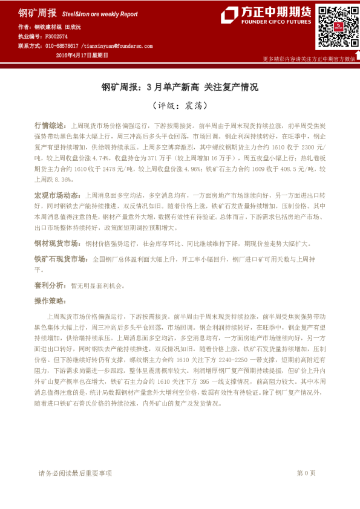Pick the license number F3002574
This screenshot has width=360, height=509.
coord(56,36)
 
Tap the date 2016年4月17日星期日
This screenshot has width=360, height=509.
coord(82,54)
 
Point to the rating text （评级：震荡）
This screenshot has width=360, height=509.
coord(179,105)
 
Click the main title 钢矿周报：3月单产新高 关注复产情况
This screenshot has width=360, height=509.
coord(179,87)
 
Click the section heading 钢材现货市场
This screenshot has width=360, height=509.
coord(57,243)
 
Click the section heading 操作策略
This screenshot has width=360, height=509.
coord(50,300)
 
